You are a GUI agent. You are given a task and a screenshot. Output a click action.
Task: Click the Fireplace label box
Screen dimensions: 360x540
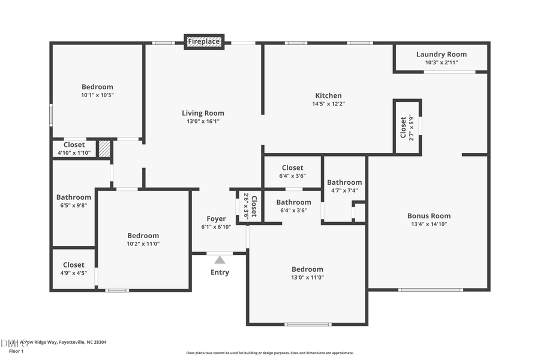coord(204,41)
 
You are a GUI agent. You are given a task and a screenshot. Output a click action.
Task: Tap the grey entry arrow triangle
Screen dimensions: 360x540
coord(220,260)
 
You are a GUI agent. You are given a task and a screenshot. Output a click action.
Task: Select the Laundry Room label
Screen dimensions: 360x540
coord(441,55)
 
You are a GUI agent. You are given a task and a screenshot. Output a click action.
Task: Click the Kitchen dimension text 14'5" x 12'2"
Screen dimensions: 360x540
coord(328,104)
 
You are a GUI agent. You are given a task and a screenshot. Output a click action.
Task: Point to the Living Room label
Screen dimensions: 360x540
coord(203,113)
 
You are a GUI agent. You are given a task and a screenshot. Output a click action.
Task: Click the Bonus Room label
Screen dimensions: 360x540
coord(428,216)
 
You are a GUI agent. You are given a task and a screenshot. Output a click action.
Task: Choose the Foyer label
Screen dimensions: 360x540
coord(216,219)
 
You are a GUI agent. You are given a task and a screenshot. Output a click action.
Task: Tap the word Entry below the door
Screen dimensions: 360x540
coord(220,272)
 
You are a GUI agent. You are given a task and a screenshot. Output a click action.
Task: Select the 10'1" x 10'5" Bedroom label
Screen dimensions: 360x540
coord(97,87)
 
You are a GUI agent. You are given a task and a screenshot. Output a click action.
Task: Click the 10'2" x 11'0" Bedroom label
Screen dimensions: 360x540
coord(143,236)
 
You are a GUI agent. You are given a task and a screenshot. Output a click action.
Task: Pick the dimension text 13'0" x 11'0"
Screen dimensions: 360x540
coord(307,278)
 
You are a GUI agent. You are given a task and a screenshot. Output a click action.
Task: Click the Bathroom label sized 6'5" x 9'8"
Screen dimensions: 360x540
coord(74,197)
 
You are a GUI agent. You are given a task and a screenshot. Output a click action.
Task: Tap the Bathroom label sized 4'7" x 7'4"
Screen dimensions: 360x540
coord(344,182)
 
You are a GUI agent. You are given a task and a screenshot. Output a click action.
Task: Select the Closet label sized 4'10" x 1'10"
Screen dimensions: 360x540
coord(74,145)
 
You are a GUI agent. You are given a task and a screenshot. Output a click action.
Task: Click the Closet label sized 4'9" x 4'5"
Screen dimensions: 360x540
coord(74,265)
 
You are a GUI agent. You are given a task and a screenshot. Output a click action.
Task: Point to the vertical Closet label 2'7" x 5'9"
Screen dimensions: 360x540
coord(403,127)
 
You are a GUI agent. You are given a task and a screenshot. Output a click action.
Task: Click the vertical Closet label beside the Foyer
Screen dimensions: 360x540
coord(254,206)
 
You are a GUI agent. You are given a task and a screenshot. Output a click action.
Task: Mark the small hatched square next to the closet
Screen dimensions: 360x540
coord(104,149)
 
